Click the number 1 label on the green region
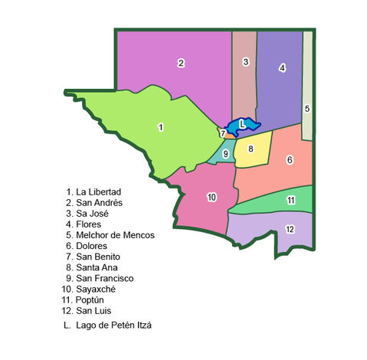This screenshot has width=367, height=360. coord(161,127)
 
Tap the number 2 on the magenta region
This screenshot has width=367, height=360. coord(181,63)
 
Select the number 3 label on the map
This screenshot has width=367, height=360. coord(245,61)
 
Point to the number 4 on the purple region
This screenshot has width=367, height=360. coord(282,68)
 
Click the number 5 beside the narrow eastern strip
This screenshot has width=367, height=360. coord(306,109)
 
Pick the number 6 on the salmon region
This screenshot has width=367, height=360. coord(290,160)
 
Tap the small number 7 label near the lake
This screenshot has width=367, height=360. coord(222,133)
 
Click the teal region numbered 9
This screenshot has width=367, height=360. coord(225,154)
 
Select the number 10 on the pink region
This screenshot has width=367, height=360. coord(211,197)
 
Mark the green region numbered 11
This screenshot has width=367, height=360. coord(291,200)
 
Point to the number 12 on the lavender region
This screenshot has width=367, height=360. coord(290,229)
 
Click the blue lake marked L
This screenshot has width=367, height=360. coord(242,123)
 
